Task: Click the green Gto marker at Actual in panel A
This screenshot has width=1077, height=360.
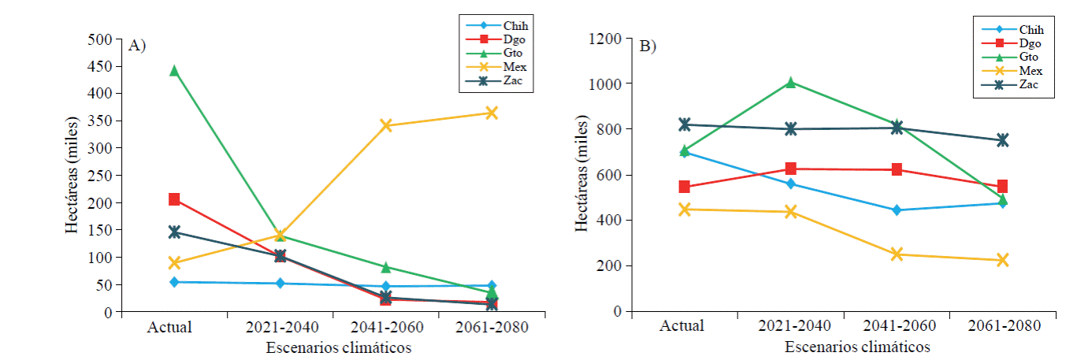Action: [x=174, y=71]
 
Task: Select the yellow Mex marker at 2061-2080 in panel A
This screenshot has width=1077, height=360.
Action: [x=492, y=113]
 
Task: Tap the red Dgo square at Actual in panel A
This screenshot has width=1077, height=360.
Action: [x=174, y=199]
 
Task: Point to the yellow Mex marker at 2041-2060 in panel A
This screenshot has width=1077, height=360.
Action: [x=386, y=125]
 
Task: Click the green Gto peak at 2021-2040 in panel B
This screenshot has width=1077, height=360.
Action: [x=790, y=82]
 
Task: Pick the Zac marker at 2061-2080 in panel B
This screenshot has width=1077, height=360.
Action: [x=1003, y=139]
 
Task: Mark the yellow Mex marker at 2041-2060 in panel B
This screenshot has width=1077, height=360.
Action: [x=897, y=254]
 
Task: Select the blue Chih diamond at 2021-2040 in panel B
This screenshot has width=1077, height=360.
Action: [x=790, y=184]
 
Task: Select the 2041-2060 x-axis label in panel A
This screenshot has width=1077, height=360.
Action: [x=386, y=326]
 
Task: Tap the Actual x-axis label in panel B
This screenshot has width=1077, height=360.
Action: [x=684, y=325]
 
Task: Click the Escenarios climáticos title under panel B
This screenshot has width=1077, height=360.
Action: [x=857, y=347]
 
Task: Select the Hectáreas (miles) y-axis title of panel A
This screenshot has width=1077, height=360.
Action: [x=72, y=176]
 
